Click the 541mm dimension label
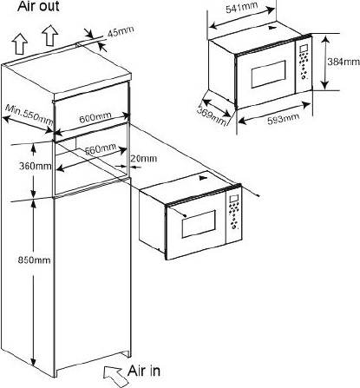[241, 8]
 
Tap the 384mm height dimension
[344, 62]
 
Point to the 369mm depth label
[212, 116]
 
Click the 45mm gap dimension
[121, 31]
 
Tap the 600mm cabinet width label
[95, 117]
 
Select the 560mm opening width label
[101, 148]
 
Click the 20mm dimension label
[143, 158]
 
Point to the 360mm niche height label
[36, 166]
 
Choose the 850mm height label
[35, 260]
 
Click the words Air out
[38, 6]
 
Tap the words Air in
[144, 371]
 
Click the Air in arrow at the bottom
[114, 375]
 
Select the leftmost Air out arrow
[20, 43]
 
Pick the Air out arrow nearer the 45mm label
[50, 35]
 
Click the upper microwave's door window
[268, 74]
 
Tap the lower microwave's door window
[199, 224]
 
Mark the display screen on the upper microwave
[304, 49]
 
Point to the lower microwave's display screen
[233, 200]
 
